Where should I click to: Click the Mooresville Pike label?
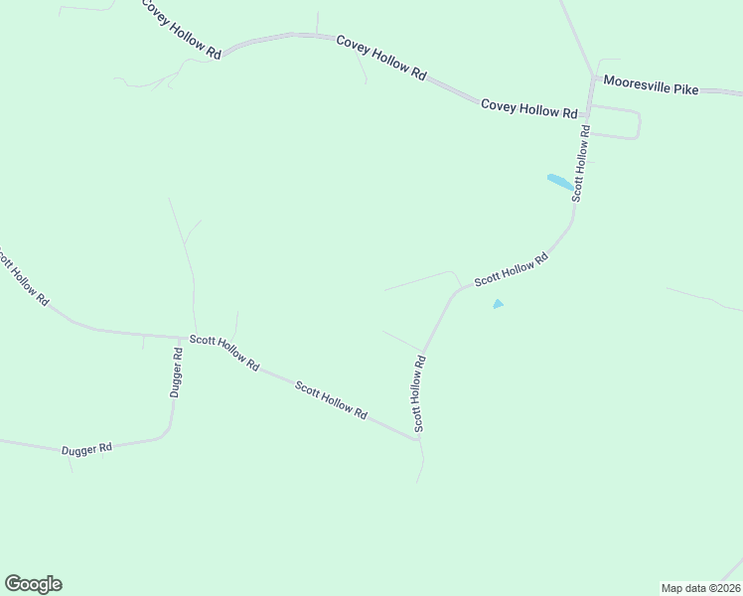(x=651, y=89)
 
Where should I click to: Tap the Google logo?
(x=33, y=584)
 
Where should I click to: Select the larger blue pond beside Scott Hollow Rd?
(x=560, y=182)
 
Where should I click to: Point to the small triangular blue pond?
(x=498, y=304)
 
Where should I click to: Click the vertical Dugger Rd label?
(x=176, y=373)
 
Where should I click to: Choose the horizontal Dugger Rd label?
(x=86, y=449)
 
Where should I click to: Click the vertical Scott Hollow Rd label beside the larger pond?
(x=583, y=163)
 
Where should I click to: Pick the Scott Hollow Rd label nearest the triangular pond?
(x=511, y=270)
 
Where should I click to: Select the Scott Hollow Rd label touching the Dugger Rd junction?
(x=224, y=353)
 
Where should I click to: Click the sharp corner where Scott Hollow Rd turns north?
(x=417, y=438)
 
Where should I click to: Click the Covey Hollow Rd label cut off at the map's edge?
(x=181, y=29)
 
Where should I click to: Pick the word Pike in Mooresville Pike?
(x=684, y=90)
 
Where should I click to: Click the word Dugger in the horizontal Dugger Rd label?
(x=78, y=450)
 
